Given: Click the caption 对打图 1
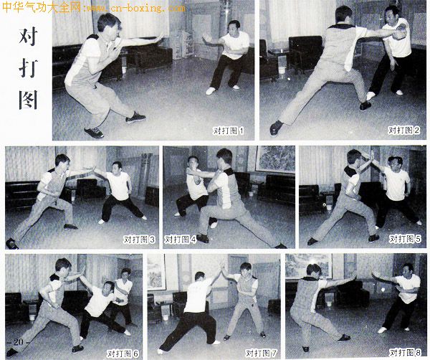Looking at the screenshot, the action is [228, 131].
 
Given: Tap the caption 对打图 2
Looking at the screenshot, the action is [403, 130].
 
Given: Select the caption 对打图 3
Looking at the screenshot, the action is [139, 240].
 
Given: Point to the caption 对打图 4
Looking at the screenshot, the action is [180, 240].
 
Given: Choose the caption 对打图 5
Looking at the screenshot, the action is [405, 239].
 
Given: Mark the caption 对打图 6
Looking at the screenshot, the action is [123, 354].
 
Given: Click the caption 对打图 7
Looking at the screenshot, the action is [261, 353].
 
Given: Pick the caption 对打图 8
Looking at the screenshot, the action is [405, 352].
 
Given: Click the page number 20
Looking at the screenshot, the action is [19, 342].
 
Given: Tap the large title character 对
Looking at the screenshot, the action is [28, 37].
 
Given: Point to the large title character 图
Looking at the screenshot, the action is [28, 100].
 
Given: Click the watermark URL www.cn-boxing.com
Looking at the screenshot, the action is [135, 8].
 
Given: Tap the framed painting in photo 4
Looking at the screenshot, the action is [275, 159].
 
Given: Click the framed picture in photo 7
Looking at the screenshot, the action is [156, 272].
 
